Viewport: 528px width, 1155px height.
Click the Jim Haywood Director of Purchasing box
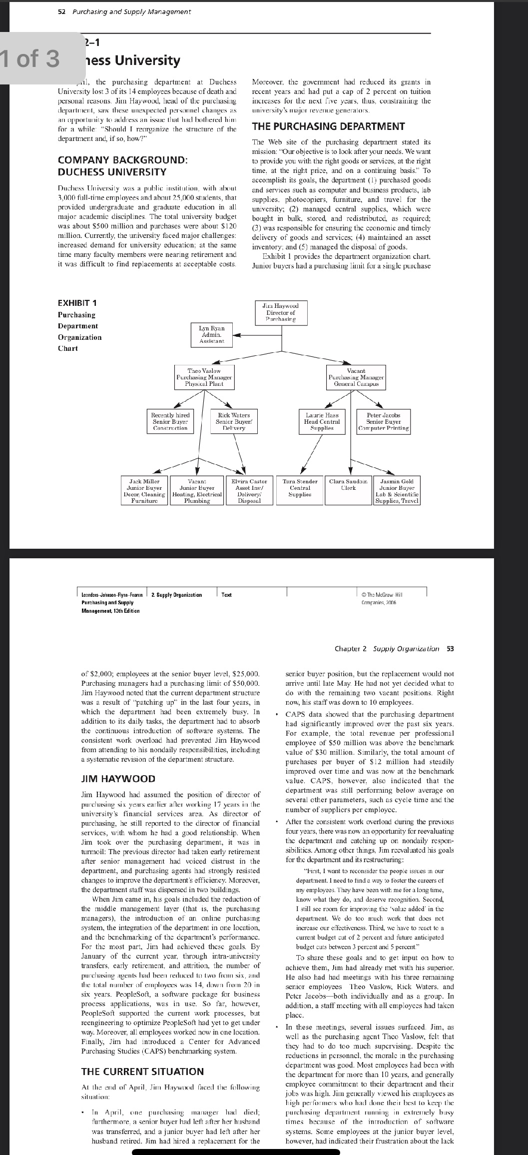click(282, 312)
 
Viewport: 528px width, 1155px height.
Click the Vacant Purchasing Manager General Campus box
click(356, 378)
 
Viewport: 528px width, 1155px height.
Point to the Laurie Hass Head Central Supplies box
click(322, 421)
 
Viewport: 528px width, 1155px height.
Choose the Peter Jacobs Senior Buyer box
click(383, 421)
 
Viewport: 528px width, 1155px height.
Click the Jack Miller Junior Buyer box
click(145, 490)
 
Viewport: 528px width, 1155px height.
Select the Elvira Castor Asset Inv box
click(250, 490)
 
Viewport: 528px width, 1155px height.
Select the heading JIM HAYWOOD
click(118, 778)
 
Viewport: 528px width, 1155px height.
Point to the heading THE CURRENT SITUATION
click(142, 1071)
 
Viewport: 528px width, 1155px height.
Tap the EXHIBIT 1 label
click(77, 303)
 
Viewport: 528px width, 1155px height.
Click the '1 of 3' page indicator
click(30, 58)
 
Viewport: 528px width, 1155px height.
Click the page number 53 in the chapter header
click(450, 648)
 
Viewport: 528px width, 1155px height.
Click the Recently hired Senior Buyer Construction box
click(170, 421)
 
